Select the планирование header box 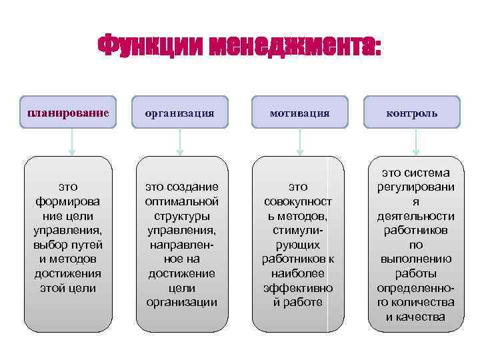click(67, 113)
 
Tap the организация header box click(181, 113)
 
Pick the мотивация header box click(299, 113)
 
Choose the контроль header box click(413, 113)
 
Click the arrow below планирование click(73, 142)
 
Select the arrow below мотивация click(300, 142)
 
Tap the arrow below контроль click(415, 142)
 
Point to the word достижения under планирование click(67, 273)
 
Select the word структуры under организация click(182, 215)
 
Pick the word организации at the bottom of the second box click(182, 303)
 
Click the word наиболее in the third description click(298, 273)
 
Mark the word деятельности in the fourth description click(415, 216)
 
